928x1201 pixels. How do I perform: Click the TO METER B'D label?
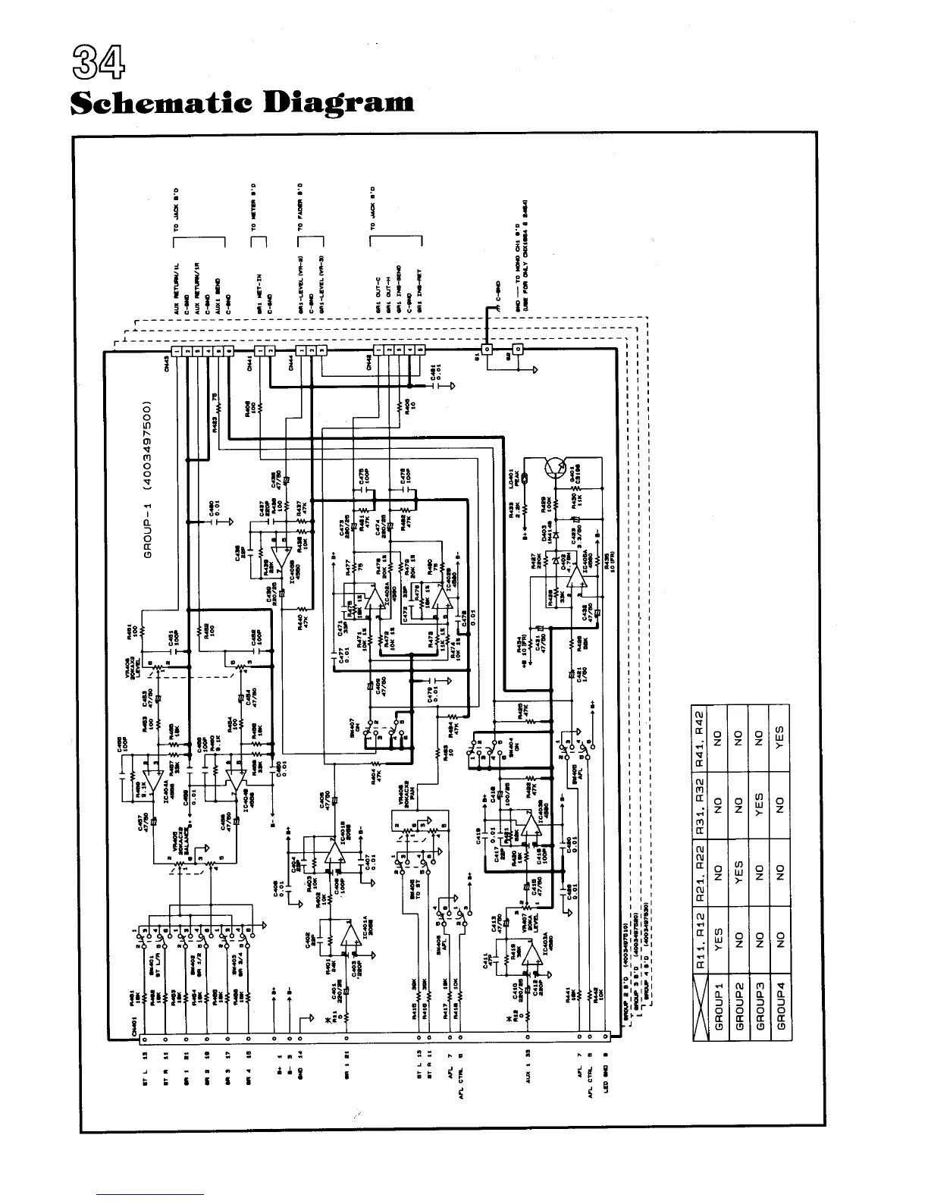pos(254,205)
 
